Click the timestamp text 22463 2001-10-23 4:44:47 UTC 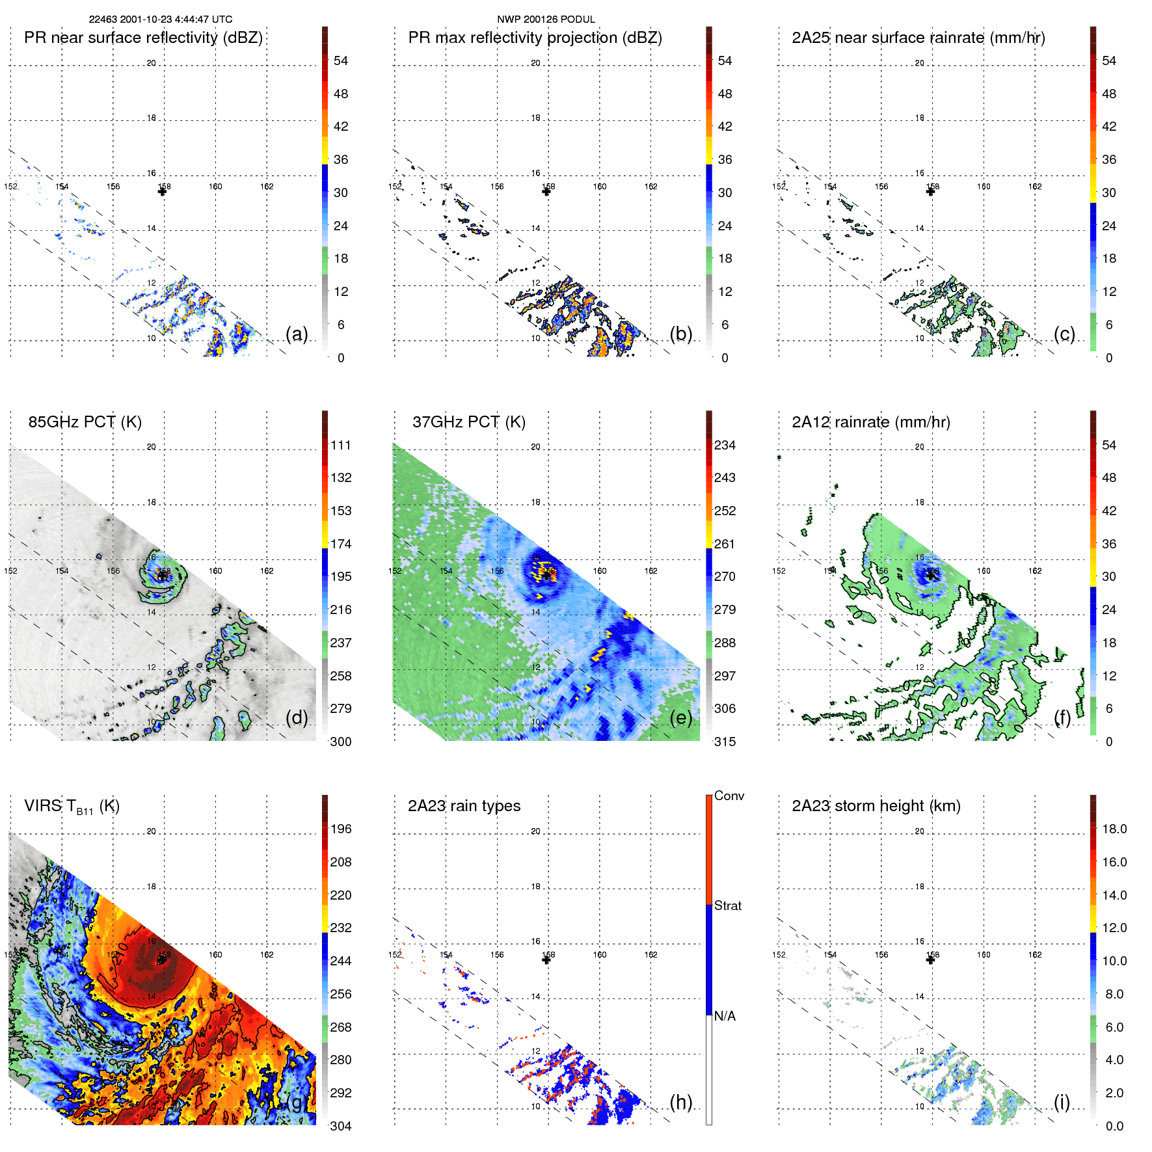(160, 20)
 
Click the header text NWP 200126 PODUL (546, 20)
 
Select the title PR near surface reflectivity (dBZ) (143, 38)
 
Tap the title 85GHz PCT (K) (85, 422)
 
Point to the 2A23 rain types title (464, 806)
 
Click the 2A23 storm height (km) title (876, 806)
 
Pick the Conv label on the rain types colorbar (729, 796)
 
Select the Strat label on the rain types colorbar (727, 905)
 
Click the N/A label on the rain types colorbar (725, 1016)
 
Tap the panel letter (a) (297, 334)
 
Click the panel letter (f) (1062, 718)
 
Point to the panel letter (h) (681, 1102)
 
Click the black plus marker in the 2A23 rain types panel (546, 960)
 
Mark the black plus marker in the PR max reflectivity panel (546, 192)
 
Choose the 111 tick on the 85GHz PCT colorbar (341, 446)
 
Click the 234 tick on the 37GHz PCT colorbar (725, 446)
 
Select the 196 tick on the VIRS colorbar (341, 829)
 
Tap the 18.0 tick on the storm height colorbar (1114, 829)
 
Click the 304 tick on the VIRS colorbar (341, 1126)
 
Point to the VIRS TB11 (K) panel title (72, 807)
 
